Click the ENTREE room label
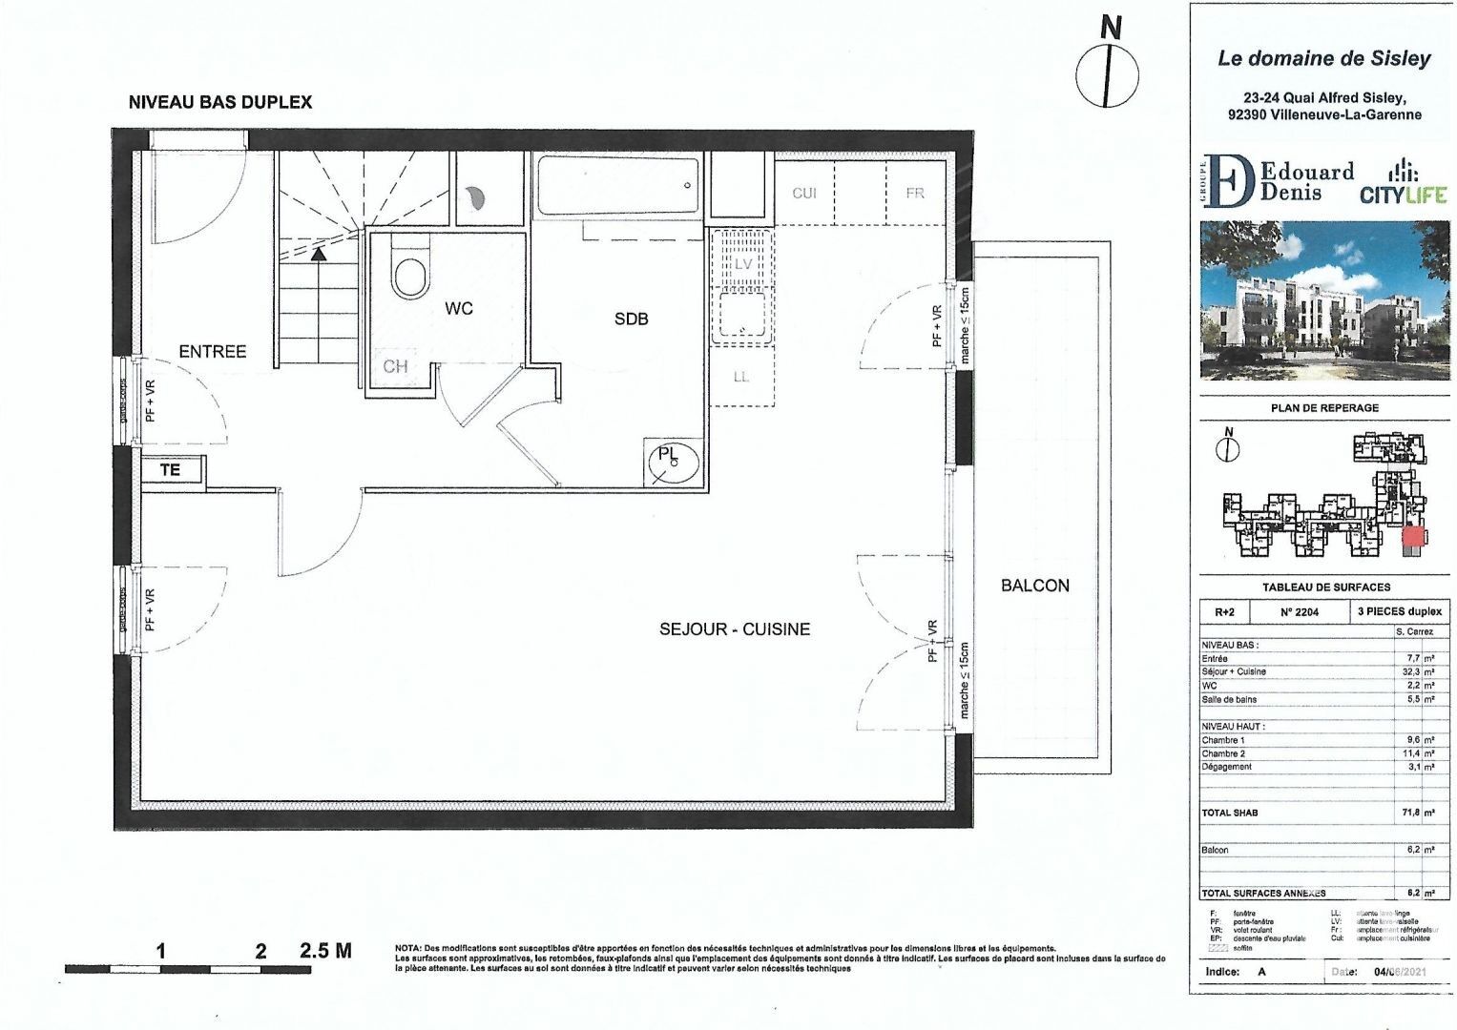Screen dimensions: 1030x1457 pyautogui.click(x=213, y=352)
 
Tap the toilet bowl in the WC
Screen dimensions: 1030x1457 pyautogui.click(x=410, y=276)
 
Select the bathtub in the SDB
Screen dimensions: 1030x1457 pyautogui.click(x=617, y=185)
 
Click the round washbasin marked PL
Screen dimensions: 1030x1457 pyautogui.click(x=673, y=462)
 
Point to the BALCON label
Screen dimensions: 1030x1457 pyautogui.click(x=1034, y=586)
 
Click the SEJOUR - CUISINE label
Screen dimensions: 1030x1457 pyautogui.click(x=734, y=629)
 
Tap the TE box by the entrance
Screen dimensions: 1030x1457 pyautogui.click(x=171, y=470)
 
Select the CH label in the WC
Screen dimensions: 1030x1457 pyautogui.click(x=395, y=366)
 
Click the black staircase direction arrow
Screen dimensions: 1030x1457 pyautogui.click(x=318, y=254)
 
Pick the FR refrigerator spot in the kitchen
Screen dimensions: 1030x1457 pyautogui.click(x=915, y=194)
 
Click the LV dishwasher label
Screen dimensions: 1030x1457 pyautogui.click(x=742, y=264)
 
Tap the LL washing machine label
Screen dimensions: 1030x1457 pyautogui.click(x=741, y=378)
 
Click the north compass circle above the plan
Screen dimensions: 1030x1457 pyautogui.click(x=1107, y=75)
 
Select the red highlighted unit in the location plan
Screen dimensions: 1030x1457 pyautogui.click(x=1411, y=537)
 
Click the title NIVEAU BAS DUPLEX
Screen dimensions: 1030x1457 pyautogui.click(x=220, y=102)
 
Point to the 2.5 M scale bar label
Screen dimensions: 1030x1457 pyautogui.click(x=325, y=951)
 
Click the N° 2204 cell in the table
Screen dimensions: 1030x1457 pyautogui.click(x=1299, y=612)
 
